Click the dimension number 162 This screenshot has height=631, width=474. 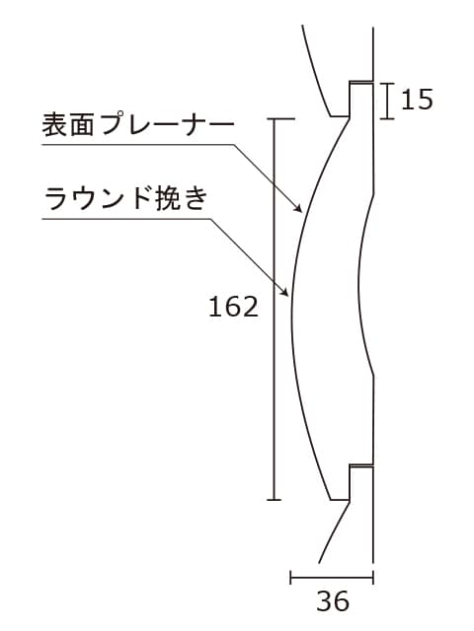(x=233, y=307)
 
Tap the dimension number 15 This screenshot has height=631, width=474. (x=417, y=99)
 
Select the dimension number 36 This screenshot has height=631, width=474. (x=333, y=601)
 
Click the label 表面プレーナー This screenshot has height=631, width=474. (x=138, y=124)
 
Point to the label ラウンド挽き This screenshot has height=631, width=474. (x=126, y=198)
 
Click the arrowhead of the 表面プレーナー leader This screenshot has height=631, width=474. (x=298, y=208)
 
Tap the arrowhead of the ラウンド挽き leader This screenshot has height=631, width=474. (x=285, y=292)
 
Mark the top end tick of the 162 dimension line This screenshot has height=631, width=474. (x=280, y=118)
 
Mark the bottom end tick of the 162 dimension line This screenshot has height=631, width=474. (x=275, y=500)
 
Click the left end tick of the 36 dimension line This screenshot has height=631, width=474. (x=290, y=577)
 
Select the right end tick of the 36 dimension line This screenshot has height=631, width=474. (x=373, y=577)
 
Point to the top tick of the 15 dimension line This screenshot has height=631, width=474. (x=387, y=83)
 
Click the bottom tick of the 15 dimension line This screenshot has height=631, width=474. (x=387, y=118)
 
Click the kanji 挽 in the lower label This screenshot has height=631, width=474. (x=167, y=198)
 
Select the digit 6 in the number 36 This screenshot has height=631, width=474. (x=342, y=601)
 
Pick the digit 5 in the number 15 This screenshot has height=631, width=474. (x=426, y=99)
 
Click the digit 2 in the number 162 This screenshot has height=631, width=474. (x=250, y=307)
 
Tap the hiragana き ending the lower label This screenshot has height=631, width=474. (x=197, y=199)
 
